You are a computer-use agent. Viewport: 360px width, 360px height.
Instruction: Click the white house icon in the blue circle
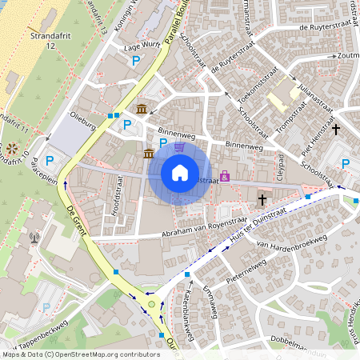tap(180, 173)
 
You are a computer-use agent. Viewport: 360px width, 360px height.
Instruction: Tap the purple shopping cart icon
tap(179, 146)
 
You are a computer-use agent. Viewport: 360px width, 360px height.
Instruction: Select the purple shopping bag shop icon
tap(225, 175)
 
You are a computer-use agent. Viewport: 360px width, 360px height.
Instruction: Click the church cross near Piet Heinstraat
tap(336, 129)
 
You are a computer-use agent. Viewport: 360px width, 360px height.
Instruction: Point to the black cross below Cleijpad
tap(262, 198)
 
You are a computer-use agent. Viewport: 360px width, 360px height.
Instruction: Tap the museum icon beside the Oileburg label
tap(142, 109)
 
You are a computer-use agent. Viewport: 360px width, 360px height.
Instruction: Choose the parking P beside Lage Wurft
tap(137, 61)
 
